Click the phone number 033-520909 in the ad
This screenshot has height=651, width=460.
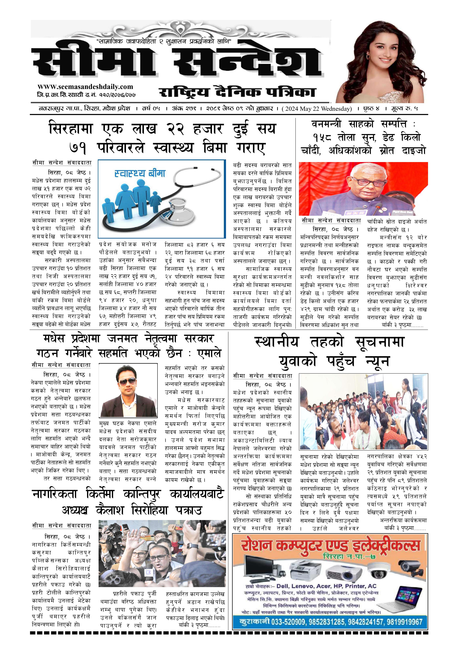pyautogui.click(x=288, y=622)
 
